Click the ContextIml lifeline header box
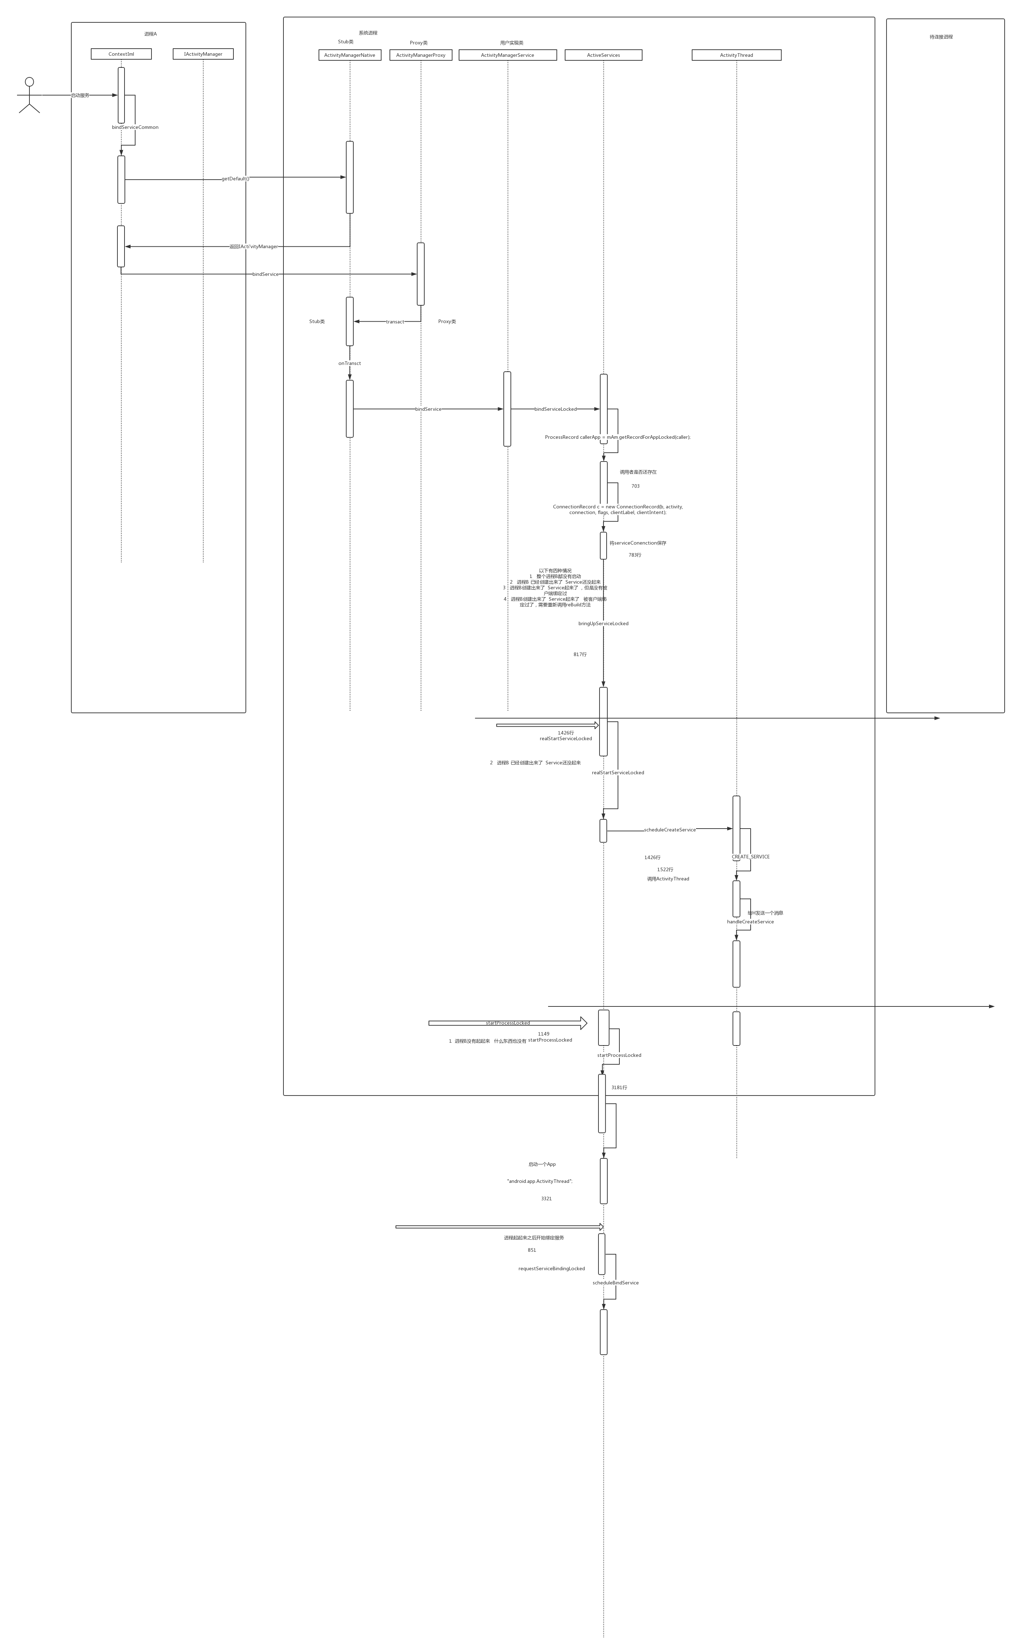(x=121, y=54)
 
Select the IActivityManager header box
(x=203, y=54)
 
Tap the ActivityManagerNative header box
(x=349, y=55)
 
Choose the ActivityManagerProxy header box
(x=421, y=55)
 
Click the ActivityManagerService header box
(x=507, y=55)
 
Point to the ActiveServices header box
(x=603, y=55)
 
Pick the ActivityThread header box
(x=736, y=55)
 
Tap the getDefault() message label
(x=235, y=179)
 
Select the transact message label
(x=395, y=322)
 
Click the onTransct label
(x=349, y=364)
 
